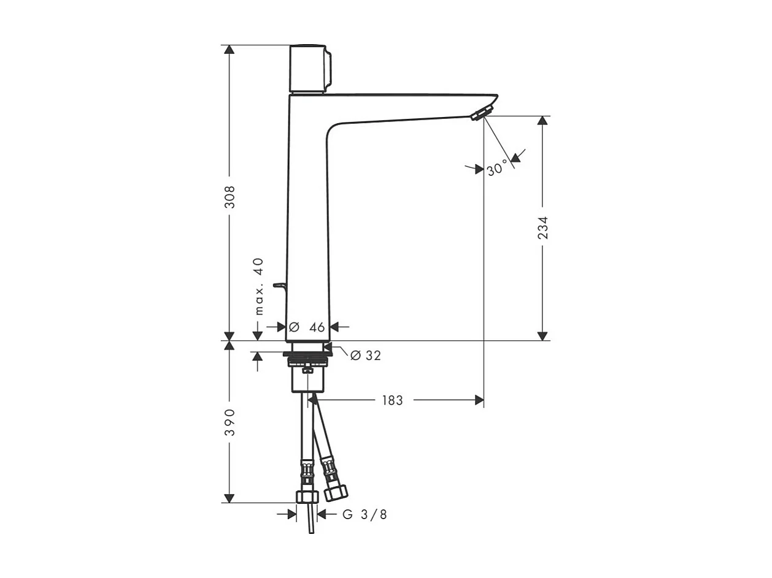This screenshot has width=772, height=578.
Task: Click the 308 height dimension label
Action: [x=230, y=197]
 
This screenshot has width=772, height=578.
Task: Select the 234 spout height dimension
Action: [x=542, y=227]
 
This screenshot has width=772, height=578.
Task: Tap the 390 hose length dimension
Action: [x=230, y=422]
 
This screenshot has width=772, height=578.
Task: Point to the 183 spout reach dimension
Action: [x=393, y=400]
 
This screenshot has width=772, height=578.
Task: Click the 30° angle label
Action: [x=498, y=168]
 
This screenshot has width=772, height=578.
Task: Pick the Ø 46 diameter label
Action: [x=307, y=327]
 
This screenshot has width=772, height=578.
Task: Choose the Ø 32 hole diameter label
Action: [x=366, y=356]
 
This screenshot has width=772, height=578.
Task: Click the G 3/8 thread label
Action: [x=365, y=515]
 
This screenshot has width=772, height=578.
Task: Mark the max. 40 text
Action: [x=258, y=286]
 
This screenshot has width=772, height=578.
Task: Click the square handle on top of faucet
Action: [x=309, y=68]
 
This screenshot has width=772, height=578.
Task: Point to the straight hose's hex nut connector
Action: [x=306, y=495]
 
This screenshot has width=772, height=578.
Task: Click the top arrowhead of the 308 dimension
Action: [x=230, y=50]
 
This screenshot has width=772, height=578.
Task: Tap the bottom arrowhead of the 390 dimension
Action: [x=230, y=498]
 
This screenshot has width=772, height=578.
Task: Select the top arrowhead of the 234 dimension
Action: [x=542, y=121]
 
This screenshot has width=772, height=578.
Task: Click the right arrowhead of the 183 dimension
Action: [x=479, y=400]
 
